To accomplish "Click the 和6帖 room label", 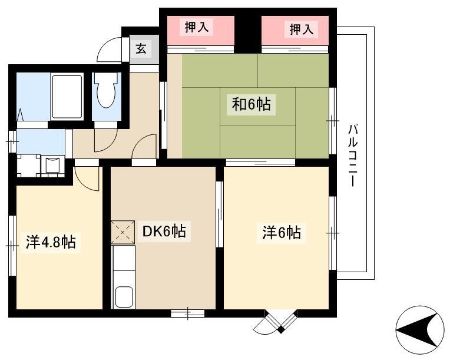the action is (x=251, y=104).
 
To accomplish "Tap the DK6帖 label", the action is (x=164, y=232).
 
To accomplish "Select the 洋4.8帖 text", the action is (x=51, y=242).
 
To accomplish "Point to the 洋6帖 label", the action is (x=282, y=232).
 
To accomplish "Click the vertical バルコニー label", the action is (x=353, y=155).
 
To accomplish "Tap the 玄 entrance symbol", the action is (x=141, y=48).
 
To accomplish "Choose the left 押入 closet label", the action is (x=196, y=27).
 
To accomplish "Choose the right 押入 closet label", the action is (x=301, y=29).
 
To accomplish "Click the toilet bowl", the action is (x=107, y=90).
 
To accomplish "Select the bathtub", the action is (x=67, y=97).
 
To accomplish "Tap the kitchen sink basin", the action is (x=124, y=297).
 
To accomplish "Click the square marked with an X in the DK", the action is (x=123, y=232).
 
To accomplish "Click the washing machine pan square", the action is (x=28, y=166).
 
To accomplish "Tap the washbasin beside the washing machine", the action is (x=52, y=165).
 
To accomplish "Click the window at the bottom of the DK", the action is (x=188, y=313).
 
